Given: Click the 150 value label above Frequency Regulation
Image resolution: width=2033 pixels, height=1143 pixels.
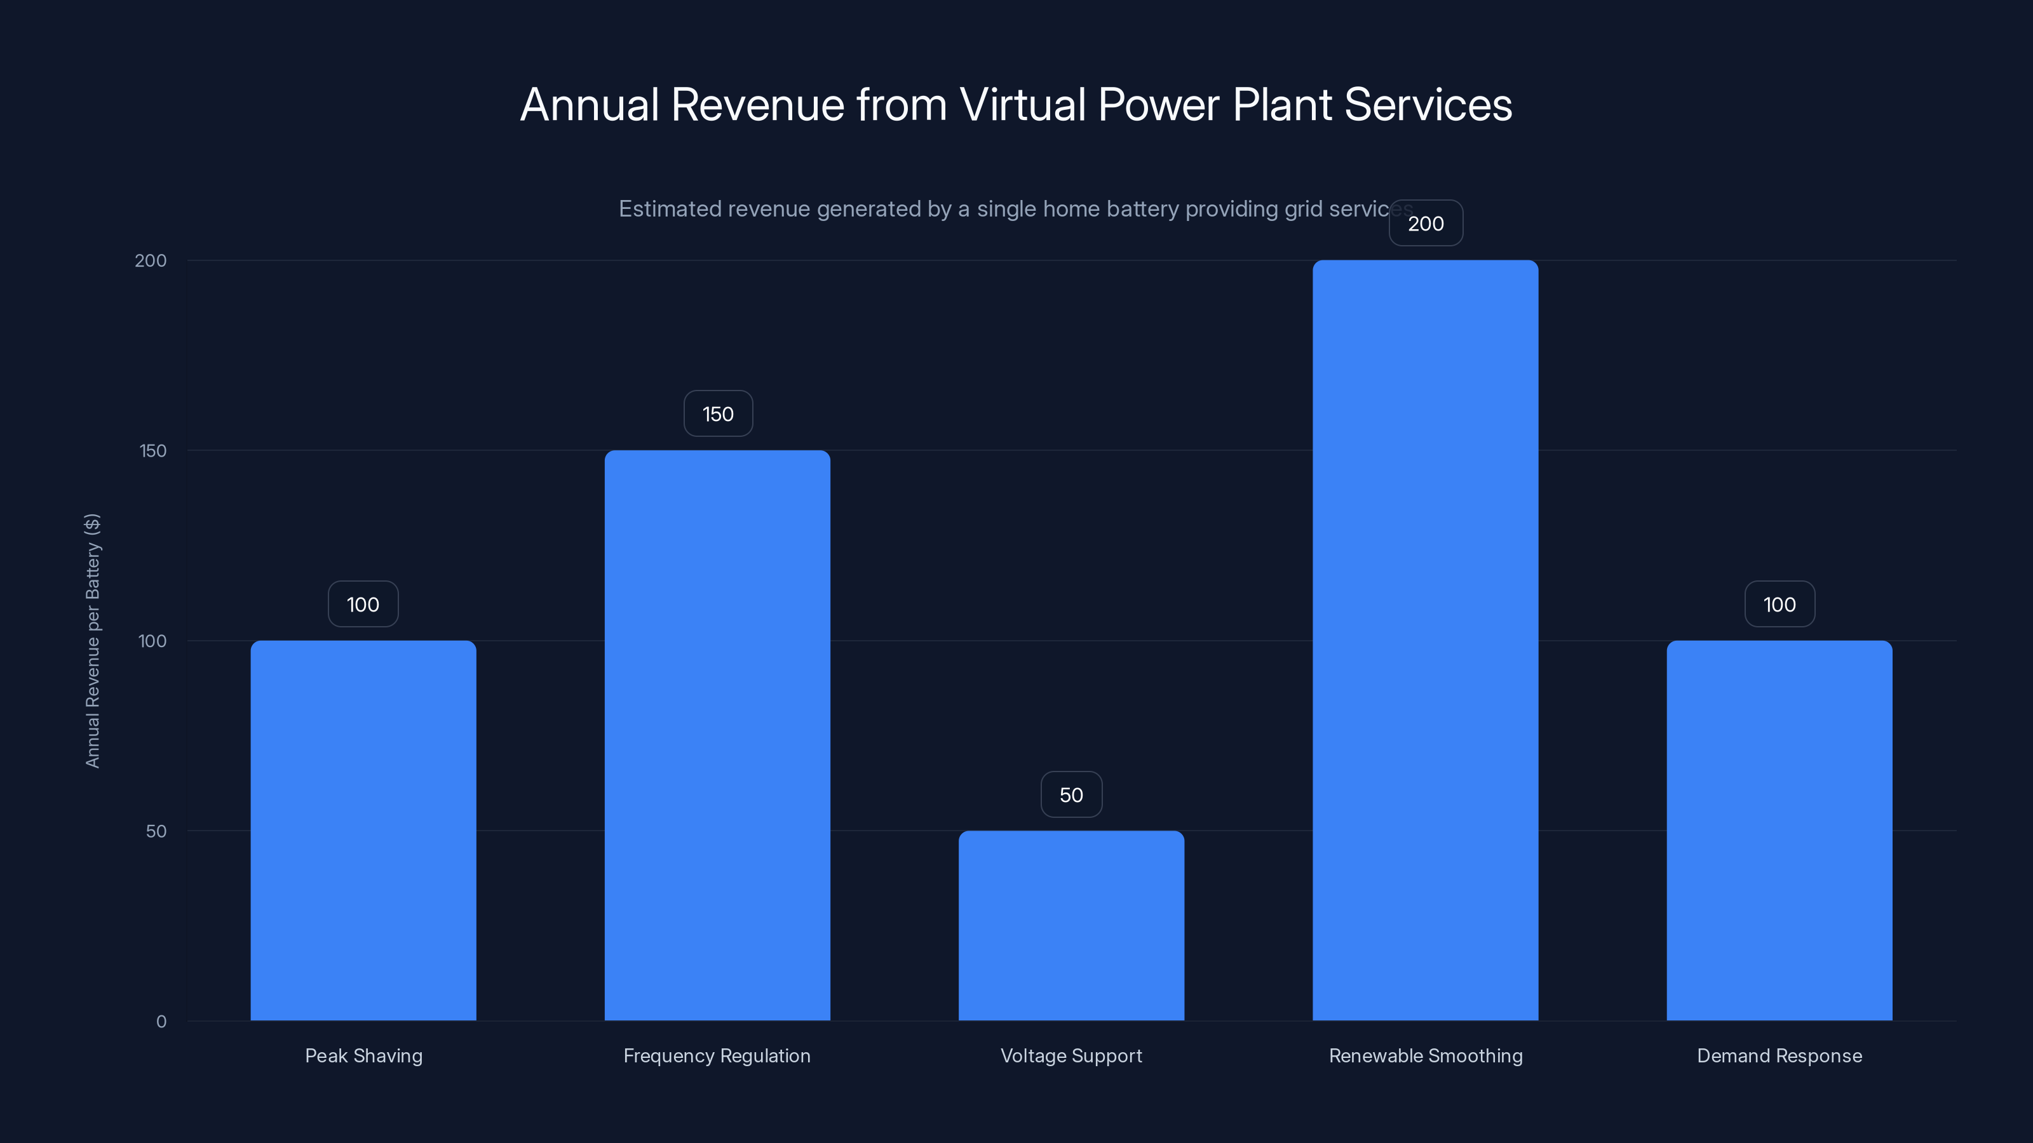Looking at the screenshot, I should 717,413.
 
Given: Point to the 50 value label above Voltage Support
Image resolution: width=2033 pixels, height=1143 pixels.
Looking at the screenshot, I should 1071,794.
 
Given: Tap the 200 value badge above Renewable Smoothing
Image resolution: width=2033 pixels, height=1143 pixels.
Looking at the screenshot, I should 1425,224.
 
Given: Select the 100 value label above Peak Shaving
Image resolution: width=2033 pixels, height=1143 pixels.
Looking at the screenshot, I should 363,605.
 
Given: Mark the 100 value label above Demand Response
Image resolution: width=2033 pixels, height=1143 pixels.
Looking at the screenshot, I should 1779,605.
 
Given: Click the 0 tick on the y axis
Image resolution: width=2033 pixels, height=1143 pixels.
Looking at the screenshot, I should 161,1022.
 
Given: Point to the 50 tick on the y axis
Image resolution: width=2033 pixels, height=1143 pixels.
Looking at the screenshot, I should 156,831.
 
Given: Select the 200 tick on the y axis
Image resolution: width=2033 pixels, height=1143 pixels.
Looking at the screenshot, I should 151,260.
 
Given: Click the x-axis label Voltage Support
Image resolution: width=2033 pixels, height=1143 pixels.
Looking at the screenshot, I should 1071,1055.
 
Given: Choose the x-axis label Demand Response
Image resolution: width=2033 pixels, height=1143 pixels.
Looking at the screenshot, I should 1779,1055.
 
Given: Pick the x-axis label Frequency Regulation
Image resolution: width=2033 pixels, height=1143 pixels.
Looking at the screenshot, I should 717,1055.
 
